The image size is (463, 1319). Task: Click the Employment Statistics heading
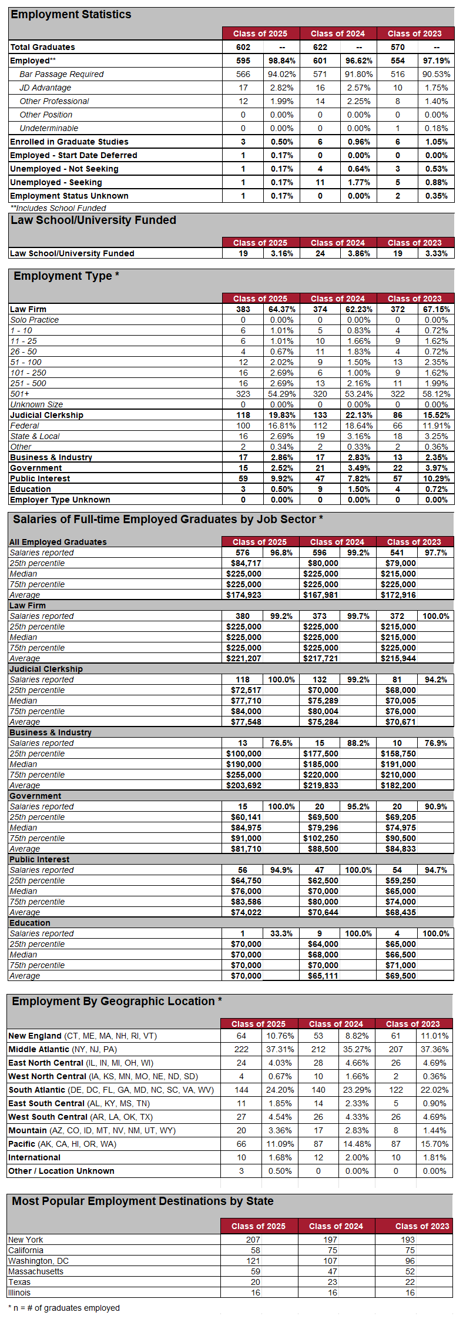pyautogui.click(x=71, y=15)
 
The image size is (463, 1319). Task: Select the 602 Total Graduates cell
pyautogui.click(x=243, y=47)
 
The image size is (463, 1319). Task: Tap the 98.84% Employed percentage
pyautogui.click(x=282, y=61)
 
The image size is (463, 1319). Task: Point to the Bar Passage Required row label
pyautogui.click(x=61, y=74)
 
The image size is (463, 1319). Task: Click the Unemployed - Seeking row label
pyautogui.click(x=56, y=182)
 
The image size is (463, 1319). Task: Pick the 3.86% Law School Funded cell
pyautogui.click(x=358, y=253)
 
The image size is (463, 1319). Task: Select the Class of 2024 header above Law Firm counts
pyautogui.click(x=337, y=299)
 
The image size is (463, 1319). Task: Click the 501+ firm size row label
pyautogui.click(x=20, y=394)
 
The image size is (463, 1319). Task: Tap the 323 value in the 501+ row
pyautogui.click(x=243, y=394)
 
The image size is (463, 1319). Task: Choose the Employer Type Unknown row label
pyautogui.click(x=60, y=500)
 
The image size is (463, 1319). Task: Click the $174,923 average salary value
pyautogui.click(x=244, y=595)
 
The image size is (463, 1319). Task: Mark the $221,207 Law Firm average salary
pyautogui.click(x=244, y=658)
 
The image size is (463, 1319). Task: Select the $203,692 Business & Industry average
pyautogui.click(x=244, y=785)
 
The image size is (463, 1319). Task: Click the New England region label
pyautogui.click(x=35, y=1036)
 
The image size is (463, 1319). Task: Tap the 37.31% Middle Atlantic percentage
pyautogui.click(x=280, y=1049)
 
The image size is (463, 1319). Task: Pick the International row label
pyautogui.click(x=34, y=1157)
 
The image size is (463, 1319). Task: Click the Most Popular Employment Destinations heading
pyautogui.click(x=143, y=1201)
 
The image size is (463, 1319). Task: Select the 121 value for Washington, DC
pyautogui.click(x=253, y=1261)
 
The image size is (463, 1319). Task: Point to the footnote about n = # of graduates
pyautogui.click(x=64, y=1308)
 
